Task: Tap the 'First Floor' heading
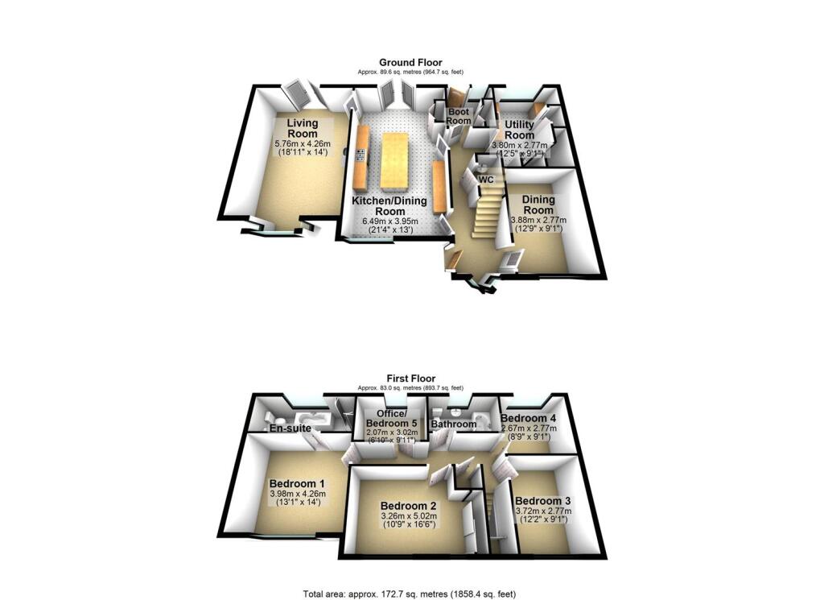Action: pos(410,378)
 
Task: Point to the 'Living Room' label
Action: pos(303,129)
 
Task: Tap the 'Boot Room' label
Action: pos(459,116)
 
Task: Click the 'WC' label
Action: pos(486,180)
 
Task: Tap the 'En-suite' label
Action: pos(291,429)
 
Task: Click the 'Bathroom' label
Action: pos(454,424)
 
